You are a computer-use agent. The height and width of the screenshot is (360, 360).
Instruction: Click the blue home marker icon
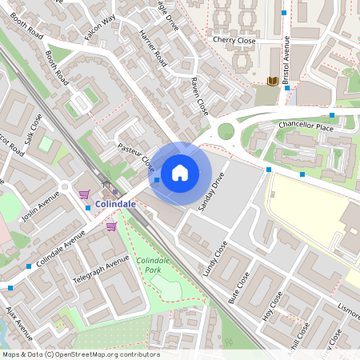point(180,171)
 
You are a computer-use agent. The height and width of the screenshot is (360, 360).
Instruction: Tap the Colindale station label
point(115,204)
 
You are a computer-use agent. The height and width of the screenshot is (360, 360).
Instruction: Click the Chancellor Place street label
point(305,126)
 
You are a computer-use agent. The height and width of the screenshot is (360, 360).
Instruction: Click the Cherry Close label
point(234,40)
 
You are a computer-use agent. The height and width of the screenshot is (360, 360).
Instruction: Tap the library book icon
point(272,81)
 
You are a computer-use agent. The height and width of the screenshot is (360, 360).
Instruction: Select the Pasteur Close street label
point(135,155)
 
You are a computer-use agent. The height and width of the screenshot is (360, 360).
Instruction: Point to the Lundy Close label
point(215,258)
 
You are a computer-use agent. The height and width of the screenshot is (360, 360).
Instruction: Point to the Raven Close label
point(199,94)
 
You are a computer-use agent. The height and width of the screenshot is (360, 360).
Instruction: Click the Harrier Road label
point(153,50)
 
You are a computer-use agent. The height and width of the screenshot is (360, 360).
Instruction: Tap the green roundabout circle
point(226,130)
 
